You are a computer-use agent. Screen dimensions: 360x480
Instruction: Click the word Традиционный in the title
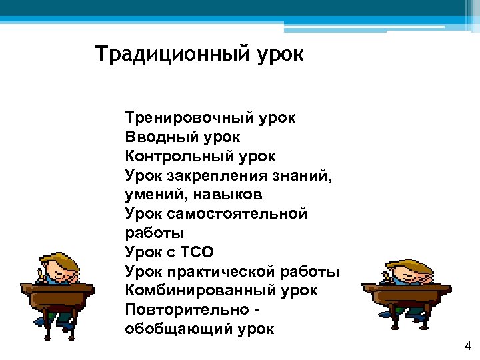click(173, 53)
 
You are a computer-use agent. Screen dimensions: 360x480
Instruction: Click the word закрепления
click(217, 176)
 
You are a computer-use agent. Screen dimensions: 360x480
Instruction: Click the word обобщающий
click(177, 330)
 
